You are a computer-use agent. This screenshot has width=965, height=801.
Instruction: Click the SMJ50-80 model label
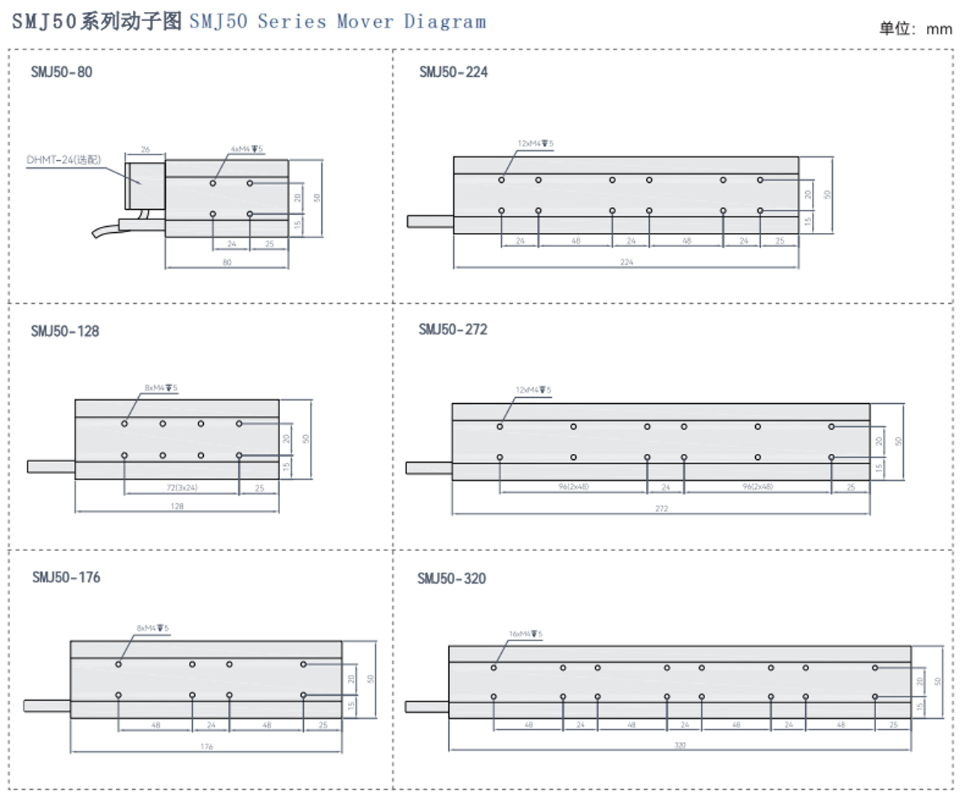61,72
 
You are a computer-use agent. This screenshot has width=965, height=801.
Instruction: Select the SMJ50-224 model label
453,72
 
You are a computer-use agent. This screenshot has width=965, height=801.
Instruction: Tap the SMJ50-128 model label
65,331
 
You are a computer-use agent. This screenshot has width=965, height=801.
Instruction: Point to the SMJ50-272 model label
453,330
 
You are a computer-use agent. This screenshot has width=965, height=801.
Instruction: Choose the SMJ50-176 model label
66,578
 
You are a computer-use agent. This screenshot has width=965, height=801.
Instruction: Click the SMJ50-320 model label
451,579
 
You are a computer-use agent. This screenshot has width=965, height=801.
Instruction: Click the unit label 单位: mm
915,29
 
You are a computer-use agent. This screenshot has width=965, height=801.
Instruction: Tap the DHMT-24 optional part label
63,160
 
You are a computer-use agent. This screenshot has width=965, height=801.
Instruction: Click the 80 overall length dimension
227,262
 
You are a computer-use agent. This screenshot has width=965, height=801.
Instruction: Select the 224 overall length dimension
626,262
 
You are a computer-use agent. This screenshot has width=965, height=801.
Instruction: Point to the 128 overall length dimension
177,506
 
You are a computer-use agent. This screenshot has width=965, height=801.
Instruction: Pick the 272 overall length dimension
661,509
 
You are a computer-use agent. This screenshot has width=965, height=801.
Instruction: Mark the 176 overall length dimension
206,747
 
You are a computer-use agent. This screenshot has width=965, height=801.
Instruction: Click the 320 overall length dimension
680,745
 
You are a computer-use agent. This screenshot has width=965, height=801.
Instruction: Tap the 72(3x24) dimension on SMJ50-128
181,488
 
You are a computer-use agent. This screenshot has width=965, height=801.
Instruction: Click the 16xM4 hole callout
525,634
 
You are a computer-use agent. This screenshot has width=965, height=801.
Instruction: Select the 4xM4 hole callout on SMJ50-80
246,149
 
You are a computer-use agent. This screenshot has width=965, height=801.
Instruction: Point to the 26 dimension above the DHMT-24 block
145,149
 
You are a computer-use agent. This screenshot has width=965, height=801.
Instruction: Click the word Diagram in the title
444,22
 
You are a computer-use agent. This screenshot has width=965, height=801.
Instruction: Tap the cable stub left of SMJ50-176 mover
47,705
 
